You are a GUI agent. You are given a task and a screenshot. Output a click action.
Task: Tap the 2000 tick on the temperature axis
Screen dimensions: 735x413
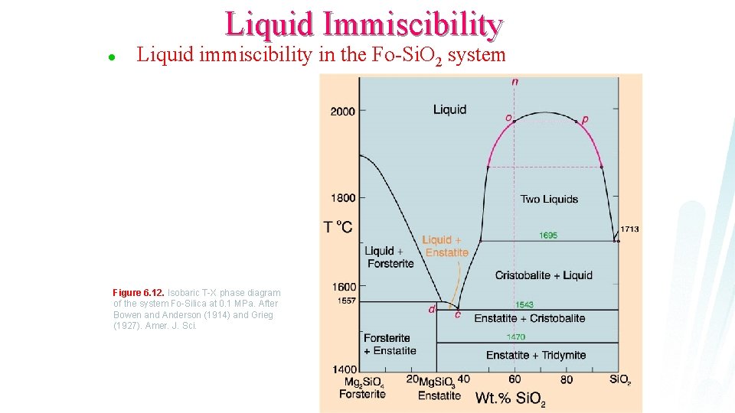pyautogui.click(x=342, y=112)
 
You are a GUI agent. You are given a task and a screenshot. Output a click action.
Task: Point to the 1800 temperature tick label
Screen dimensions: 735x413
pyautogui.click(x=342, y=198)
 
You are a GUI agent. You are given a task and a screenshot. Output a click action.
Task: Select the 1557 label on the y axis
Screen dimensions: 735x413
pyautogui.click(x=346, y=301)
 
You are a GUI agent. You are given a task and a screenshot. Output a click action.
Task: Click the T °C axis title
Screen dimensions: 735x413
pyautogui.click(x=338, y=226)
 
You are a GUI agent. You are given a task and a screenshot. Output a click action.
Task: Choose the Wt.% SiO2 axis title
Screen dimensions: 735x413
pyautogui.click(x=511, y=398)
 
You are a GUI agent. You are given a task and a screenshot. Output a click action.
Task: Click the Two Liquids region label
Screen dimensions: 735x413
pyautogui.click(x=549, y=200)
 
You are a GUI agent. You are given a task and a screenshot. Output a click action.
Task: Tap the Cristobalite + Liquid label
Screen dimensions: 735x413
pyautogui.click(x=544, y=275)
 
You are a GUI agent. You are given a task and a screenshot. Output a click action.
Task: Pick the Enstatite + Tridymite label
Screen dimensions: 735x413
pyautogui.click(x=536, y=355)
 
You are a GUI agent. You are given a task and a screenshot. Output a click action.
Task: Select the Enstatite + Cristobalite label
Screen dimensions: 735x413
pyautogui.click(x=530, y=318)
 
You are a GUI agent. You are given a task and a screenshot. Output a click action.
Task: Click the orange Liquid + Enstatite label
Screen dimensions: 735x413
pyautogui.click(x=445, y=246)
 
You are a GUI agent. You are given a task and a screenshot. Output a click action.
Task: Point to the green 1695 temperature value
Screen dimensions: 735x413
pyautogui.click(x=548, y=236)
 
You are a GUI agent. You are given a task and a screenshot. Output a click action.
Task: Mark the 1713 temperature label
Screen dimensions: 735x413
pyautogui.click(x=629, y=229)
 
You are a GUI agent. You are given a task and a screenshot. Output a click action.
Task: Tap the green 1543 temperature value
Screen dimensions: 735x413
pyautogui.click(x=524, y=305)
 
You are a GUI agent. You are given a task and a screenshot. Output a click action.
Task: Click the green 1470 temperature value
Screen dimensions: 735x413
pyautogui.click(x=516, y=337)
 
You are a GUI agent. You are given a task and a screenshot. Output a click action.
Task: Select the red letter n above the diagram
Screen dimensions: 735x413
pyautogui.click(x=514, y=81)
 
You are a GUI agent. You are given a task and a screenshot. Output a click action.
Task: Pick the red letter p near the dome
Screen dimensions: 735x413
pyautogui.click(x=586, y=119)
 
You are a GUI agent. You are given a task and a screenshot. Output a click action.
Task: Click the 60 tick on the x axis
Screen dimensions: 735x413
pyautogui.click(x=514, y=379)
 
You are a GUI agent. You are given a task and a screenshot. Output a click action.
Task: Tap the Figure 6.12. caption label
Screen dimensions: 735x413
pyautogui.click(x=139, y=293)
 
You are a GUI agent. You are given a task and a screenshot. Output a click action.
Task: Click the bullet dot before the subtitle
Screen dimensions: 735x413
pyautogui.click(x=112, y=57)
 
